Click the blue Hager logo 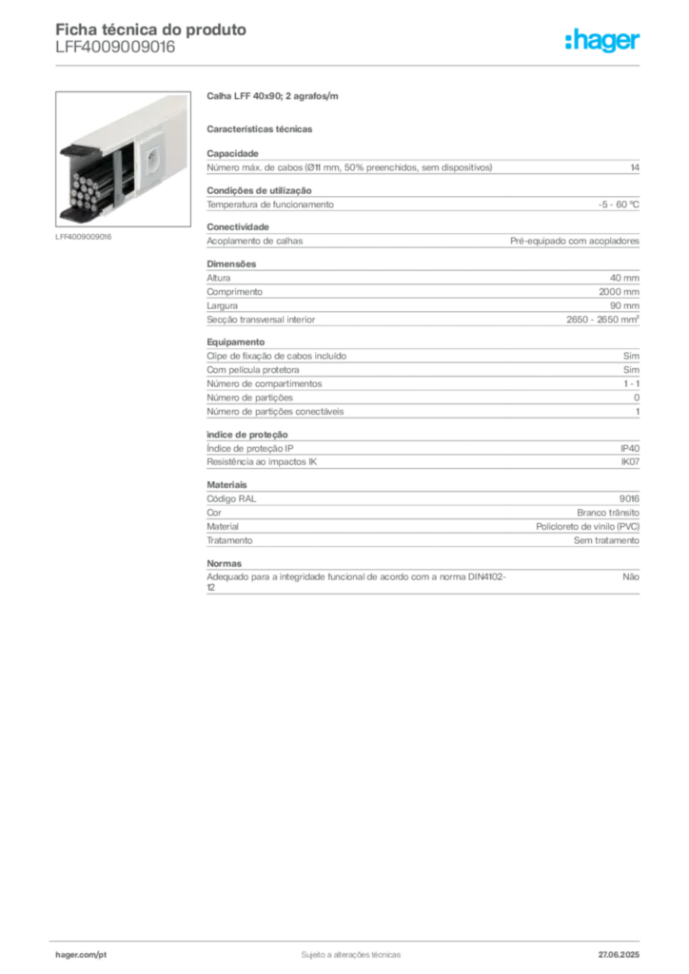click(604, 42)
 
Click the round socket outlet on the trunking click(151, 154)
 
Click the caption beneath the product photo click(84, 237)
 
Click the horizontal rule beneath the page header click(350, 65)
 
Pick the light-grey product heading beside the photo click(273, 97)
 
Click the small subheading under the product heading click(262, 128)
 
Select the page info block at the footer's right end click(620, 951)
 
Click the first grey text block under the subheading click(422, 179)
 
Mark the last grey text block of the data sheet click(422, 581)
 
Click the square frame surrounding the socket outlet click(153, 155)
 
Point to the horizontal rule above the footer click(350, 937)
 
